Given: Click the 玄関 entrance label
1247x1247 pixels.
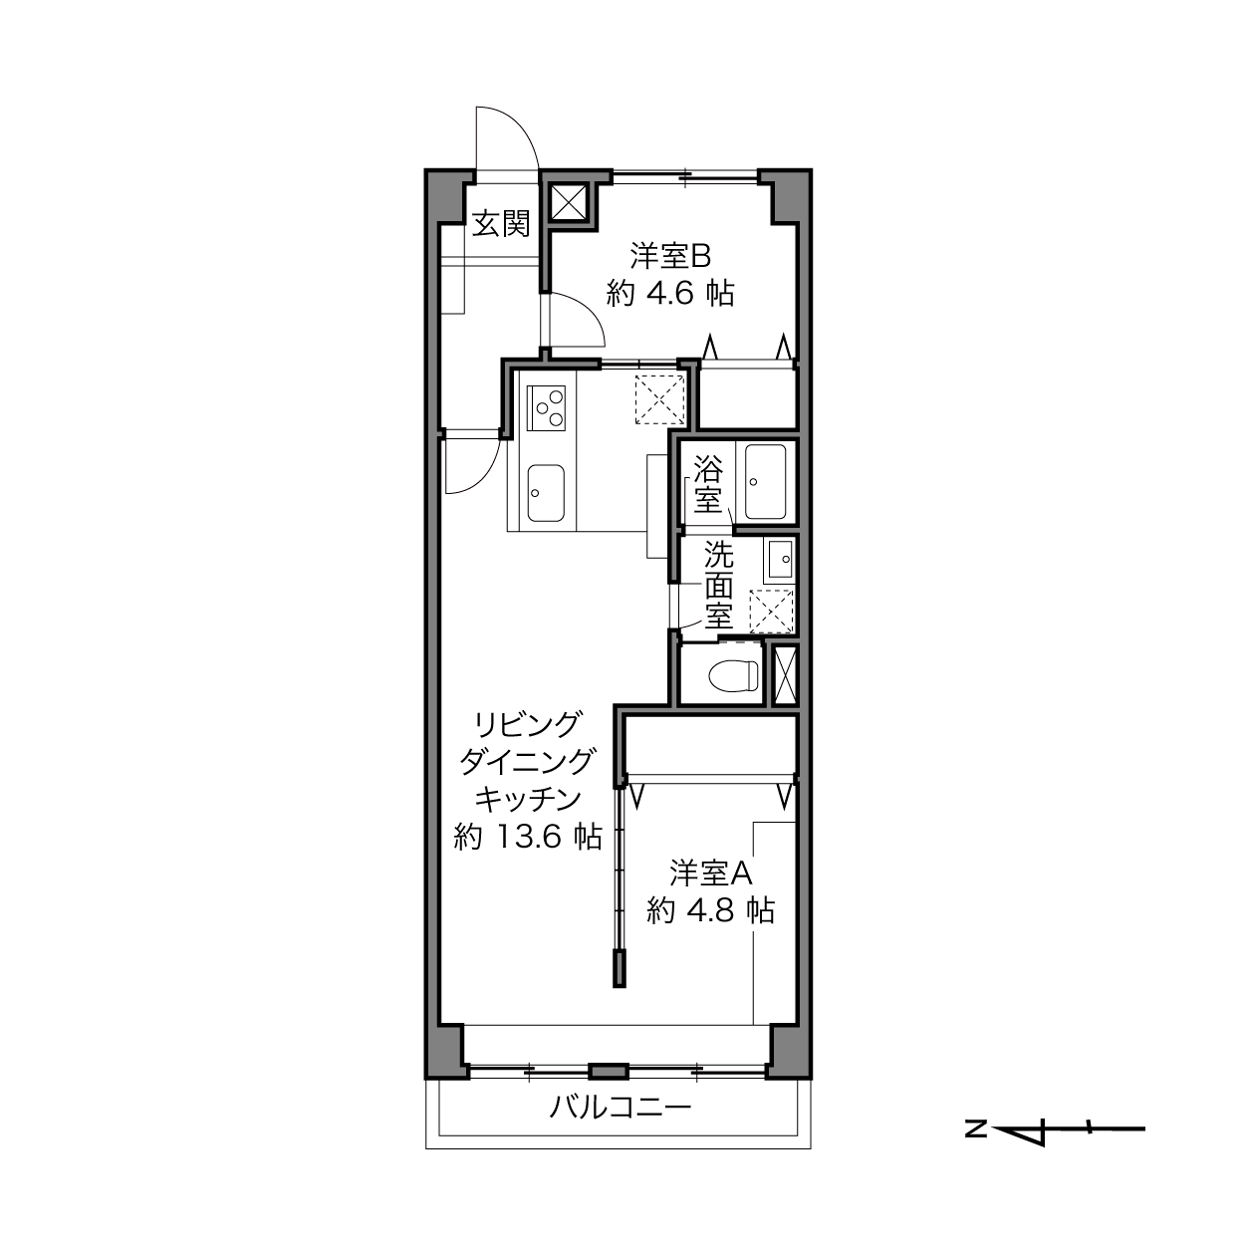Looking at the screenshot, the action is coord(501,224).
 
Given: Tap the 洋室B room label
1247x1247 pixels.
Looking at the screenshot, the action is coord(671,256).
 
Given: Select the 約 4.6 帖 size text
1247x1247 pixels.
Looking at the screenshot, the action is coord(670,295).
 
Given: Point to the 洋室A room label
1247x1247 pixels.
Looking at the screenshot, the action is coord(710,873).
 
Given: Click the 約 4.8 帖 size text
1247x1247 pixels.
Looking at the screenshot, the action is coord(710,911).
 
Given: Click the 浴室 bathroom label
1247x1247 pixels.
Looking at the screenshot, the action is coord(708,484).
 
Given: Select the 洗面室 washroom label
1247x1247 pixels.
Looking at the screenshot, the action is coord(718,585).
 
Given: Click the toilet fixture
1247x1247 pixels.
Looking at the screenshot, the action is coord(734,675).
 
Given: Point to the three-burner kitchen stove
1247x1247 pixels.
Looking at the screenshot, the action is coord(546,408).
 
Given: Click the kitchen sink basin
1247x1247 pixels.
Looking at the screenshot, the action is coord(546,492).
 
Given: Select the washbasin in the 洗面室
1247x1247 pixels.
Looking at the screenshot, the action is coord(780,559).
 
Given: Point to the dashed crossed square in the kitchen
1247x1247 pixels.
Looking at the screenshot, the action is coord(659,399).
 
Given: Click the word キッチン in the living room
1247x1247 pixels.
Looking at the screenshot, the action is coord(528,799).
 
